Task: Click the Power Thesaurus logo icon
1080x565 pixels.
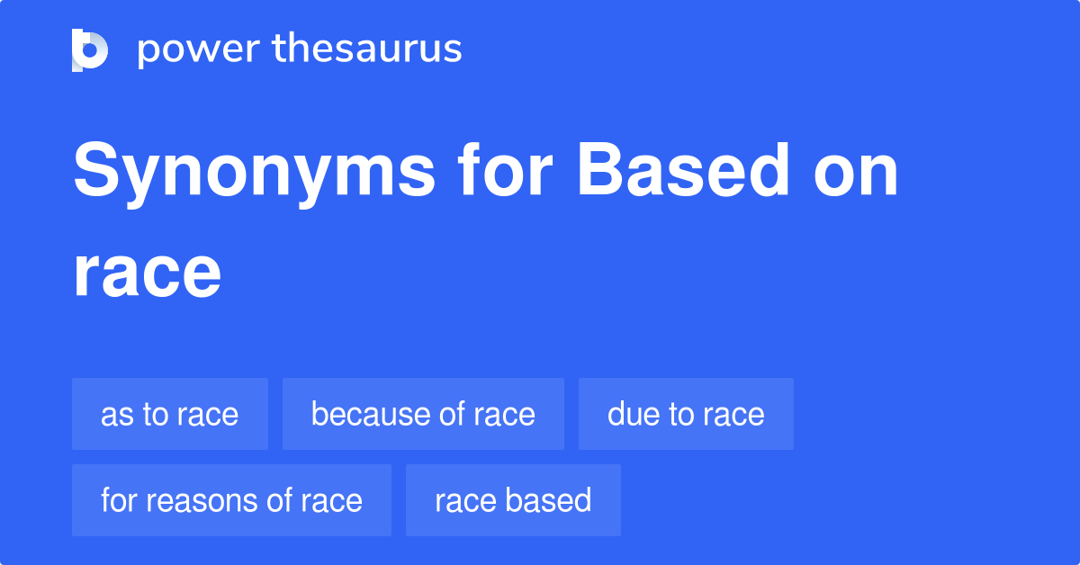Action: [90, 49]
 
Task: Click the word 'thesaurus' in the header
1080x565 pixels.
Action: [367, 49]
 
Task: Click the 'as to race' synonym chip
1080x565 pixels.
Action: [170, 414]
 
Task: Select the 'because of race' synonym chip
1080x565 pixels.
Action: [423, 414]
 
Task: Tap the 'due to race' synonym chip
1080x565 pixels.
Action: [686, 414]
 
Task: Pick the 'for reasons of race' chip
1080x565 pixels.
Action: [231, 500]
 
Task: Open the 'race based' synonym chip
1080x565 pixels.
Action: [513, 500]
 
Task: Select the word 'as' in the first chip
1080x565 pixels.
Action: [114, 415]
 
